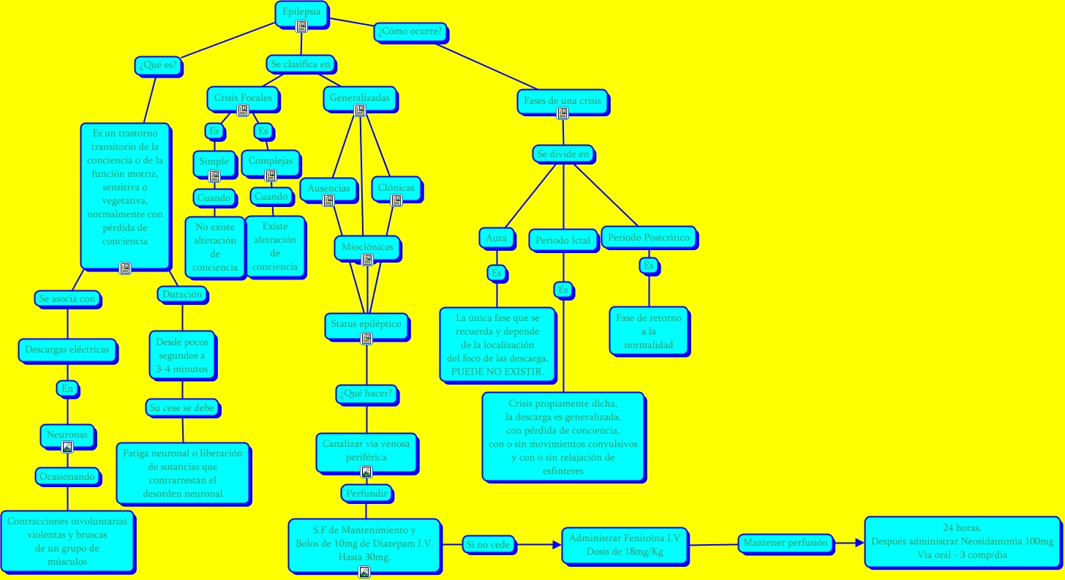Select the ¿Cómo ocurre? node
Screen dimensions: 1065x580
click(x=411, y=33)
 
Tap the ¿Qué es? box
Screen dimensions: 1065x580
click(x=159, y=66)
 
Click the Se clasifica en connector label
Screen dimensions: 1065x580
click(x=301, y=64)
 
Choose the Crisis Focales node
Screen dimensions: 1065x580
click(x=243, y=97)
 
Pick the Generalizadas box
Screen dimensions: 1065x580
click(x=359, y=97)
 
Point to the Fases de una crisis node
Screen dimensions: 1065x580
click(x=562, y=100)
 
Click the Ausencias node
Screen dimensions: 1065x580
click(x=328, y=188)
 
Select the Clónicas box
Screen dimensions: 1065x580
click(x=396, y=188)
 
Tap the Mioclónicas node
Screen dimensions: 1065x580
click(x=367, y=247)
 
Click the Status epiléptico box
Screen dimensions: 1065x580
click(x=366, y=324)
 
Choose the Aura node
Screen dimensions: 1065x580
click(x=496, y=238)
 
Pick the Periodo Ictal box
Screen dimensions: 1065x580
click(x=562, y=241)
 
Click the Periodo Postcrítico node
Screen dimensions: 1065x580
click(x=649, y=238)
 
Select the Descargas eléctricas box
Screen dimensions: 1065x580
click(x=67, y=350)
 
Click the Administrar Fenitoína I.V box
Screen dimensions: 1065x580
click(x=624, y=545)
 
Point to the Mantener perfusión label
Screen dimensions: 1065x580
click(x=785, y=543)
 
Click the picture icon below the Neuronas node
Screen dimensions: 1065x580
click(x=67, y=447)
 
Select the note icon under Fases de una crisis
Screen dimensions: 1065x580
click(x=562, y=113)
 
